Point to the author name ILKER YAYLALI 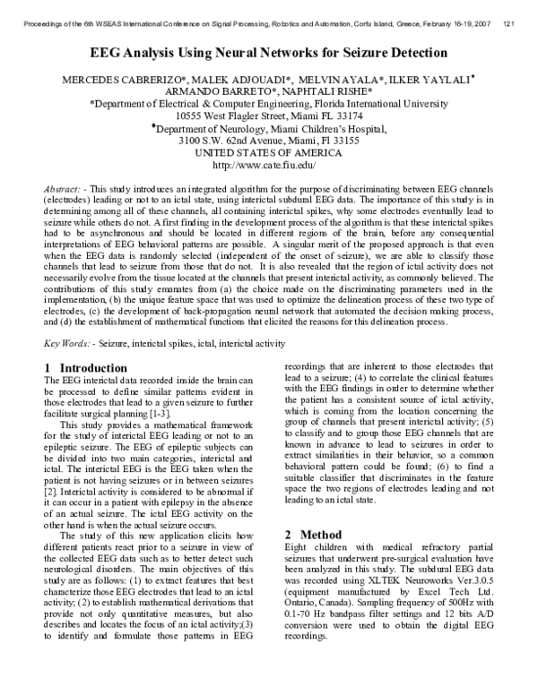[428, 81]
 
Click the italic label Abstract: [63, 192]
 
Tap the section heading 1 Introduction [86, 368]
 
